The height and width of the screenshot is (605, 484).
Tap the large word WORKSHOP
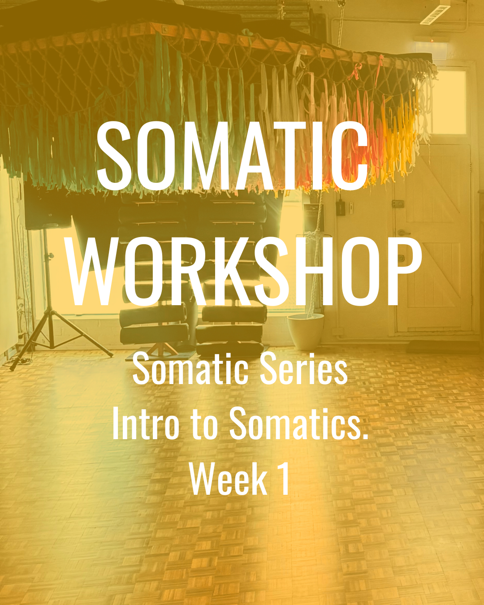tap(244, 271)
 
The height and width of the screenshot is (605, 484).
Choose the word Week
tap(228, 479)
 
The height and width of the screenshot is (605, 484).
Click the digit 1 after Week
tap(284, 479)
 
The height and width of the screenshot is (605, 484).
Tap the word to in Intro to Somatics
tap(204, 423)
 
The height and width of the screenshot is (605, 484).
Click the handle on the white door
tap(403, 233)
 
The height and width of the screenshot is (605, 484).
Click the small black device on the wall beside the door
tap(340, 207)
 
